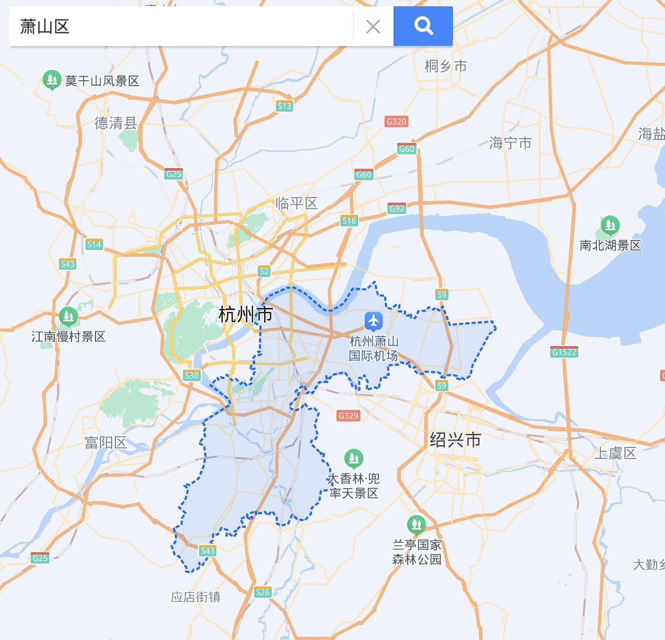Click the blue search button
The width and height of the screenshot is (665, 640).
[423, 26]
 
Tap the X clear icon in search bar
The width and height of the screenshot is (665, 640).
[373, 27]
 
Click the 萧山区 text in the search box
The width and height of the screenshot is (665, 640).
[45, 27]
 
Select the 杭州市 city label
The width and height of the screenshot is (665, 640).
[245, 315]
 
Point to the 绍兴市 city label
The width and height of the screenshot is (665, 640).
[455, 440]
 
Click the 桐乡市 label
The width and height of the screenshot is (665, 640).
[446, 66]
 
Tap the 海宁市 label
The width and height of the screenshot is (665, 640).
[510, 143]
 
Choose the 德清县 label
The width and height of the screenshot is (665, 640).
[116, 123]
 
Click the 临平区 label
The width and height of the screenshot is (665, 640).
[296, 203]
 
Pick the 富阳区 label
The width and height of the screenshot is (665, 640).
[106, 443]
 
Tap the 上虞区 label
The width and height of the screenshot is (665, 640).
[616, 453]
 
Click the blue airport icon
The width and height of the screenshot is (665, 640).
[373, 321]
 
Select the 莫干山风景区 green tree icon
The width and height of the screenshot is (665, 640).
[52, 80]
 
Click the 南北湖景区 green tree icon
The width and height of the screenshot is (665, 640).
[610, 226]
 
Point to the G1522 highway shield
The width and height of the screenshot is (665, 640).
[564, 352]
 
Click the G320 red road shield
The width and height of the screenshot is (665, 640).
[396, 122]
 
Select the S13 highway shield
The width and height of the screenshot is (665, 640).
[284, 106]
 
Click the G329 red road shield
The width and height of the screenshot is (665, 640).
[348, 416]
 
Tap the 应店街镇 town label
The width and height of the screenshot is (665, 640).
[196, 597]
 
